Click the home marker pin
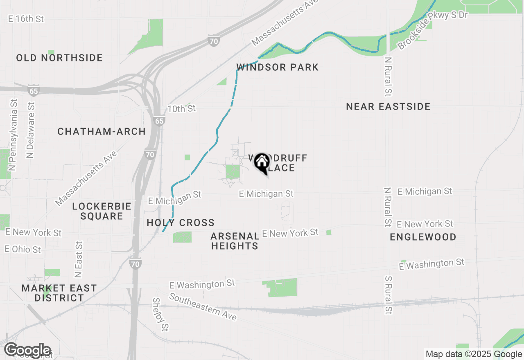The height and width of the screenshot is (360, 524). tap(262, 163)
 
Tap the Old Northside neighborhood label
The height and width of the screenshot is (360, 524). tap(59, 58)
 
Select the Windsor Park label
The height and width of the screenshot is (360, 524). tap(278, 67)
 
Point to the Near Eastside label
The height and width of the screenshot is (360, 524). tap(388, 107)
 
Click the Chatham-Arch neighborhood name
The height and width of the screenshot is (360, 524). tap(102, 131)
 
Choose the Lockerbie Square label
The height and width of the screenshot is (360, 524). tap(102, 211)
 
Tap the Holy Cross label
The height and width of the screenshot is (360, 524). tap(181, 223)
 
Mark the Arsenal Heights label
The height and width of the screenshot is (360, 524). tap(235, 241)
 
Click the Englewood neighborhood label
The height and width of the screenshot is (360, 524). tap(423, 237)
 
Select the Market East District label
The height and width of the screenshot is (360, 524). tap(59, 293)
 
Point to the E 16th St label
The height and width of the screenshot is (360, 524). tap(26, 19)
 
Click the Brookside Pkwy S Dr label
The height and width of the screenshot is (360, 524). tap(432, 31)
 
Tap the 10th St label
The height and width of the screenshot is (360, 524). tap(182, 109)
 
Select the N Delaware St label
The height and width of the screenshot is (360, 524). tap(30, 130)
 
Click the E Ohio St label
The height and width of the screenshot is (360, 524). tap(23, 249)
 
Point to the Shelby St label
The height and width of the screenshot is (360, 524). tap(160, 314)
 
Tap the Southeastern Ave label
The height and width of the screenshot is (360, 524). tap(203, 307)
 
